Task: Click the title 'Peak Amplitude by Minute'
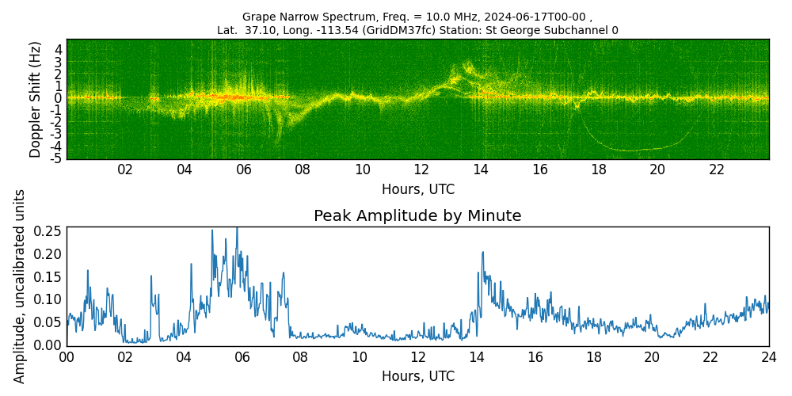417,216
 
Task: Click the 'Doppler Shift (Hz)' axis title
34,100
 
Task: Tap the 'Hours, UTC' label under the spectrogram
417,189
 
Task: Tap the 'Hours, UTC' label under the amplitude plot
417,376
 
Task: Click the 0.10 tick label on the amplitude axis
48,299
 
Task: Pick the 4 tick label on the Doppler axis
59,50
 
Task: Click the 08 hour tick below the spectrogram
303,169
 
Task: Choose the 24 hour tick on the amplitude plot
769,357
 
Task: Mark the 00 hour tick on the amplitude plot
67,357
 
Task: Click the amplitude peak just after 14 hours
482,252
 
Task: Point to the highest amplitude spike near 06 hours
237,229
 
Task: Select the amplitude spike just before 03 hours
150,276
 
